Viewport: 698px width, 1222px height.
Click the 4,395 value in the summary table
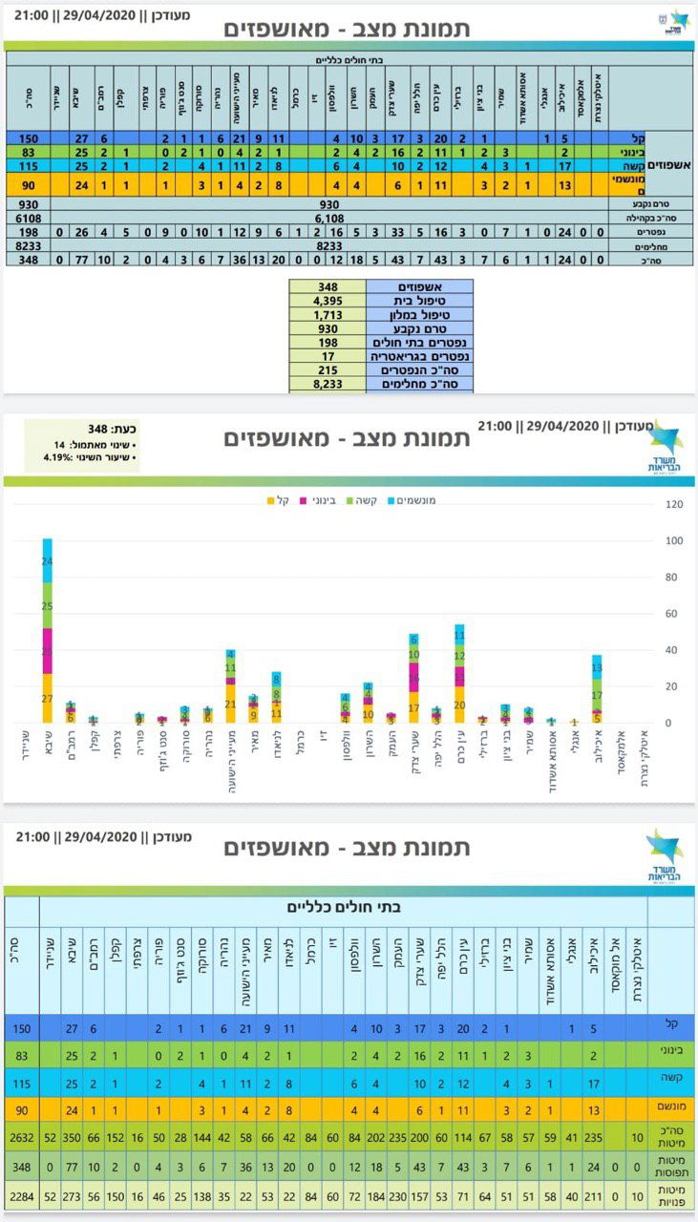pos(328,301)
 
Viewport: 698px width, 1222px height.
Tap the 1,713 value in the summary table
pos(328,314)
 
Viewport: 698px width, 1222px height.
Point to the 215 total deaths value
pos(328,369)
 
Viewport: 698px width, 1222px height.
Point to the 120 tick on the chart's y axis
pos(673,504)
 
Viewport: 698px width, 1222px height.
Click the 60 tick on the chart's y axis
pos(673,614)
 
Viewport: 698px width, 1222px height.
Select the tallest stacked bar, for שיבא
pos(48,630)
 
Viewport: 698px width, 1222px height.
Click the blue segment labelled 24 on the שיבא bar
pos(48,561)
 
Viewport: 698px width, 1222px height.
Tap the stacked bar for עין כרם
pos(459,673)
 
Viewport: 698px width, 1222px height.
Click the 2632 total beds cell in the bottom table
pos(21,1137)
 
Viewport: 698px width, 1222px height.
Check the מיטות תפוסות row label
pos(670,1166)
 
